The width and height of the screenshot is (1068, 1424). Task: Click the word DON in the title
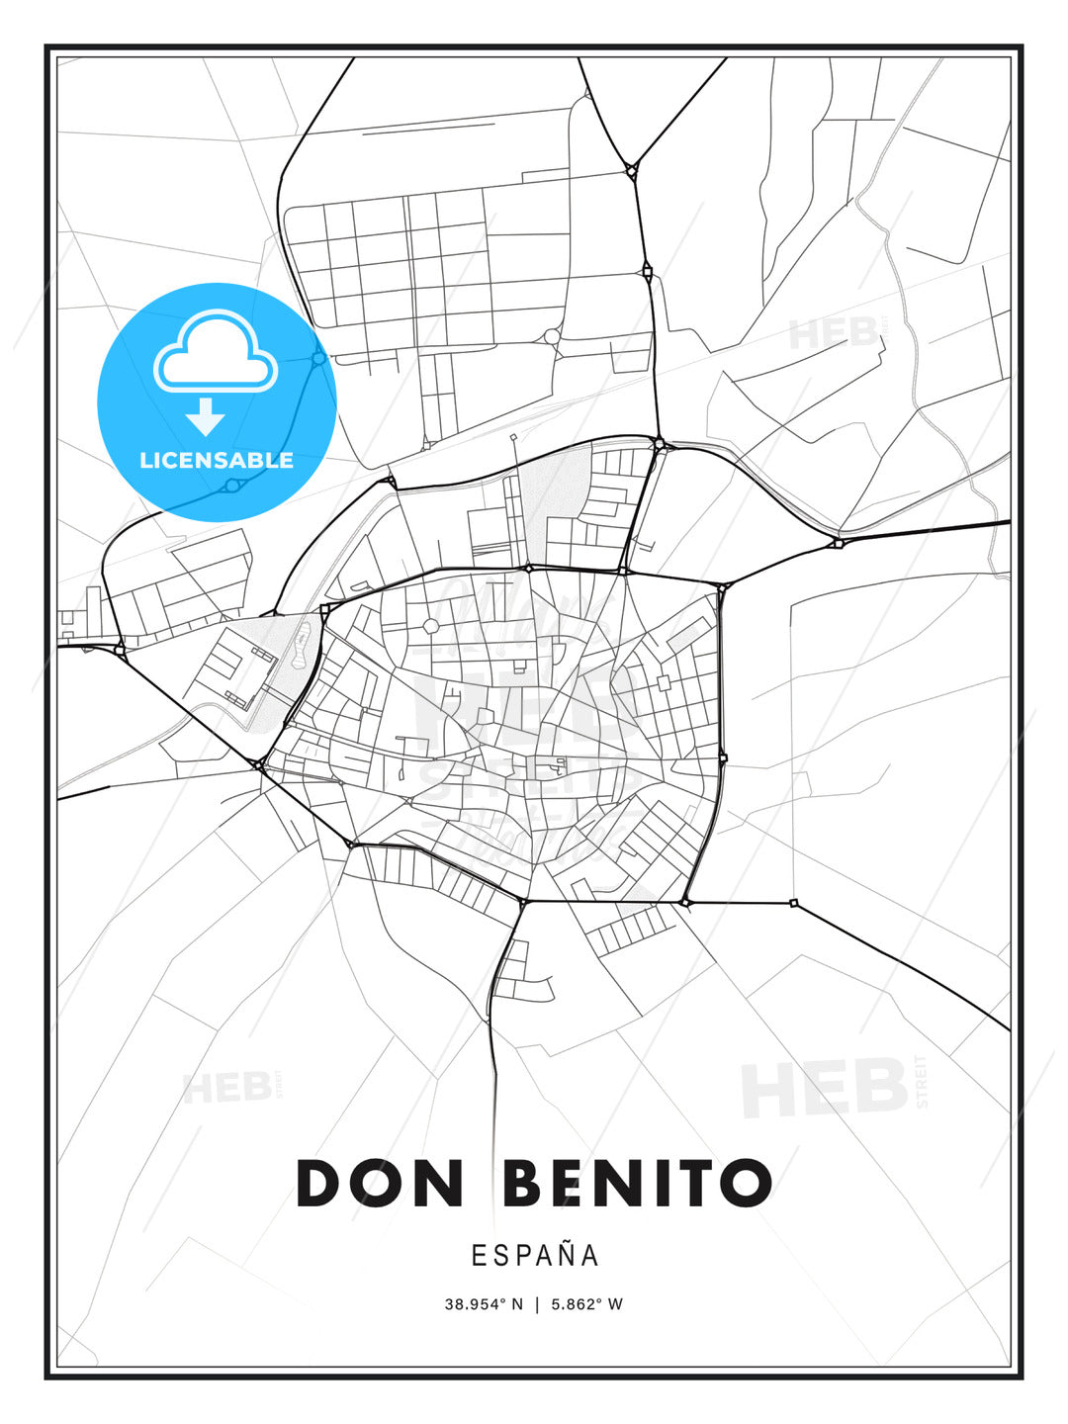(380, 1183)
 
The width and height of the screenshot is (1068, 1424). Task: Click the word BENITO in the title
(638, 1183)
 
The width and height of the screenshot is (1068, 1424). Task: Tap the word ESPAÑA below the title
(535, 1255)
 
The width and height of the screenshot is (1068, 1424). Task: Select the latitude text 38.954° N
(483, 1304)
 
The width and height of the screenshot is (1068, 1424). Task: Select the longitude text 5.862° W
(586, 1304)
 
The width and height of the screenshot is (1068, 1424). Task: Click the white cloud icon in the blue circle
(215, 353)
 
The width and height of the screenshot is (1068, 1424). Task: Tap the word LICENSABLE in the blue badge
(217, 460)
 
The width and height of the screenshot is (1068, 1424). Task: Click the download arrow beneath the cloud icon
(206, 417)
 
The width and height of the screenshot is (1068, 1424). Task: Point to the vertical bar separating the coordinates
(537, 1304)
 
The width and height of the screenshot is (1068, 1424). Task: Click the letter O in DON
(380, 1183)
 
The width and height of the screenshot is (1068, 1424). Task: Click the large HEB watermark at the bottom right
(825, 1088)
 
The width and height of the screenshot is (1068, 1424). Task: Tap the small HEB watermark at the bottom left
(227, 1088)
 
